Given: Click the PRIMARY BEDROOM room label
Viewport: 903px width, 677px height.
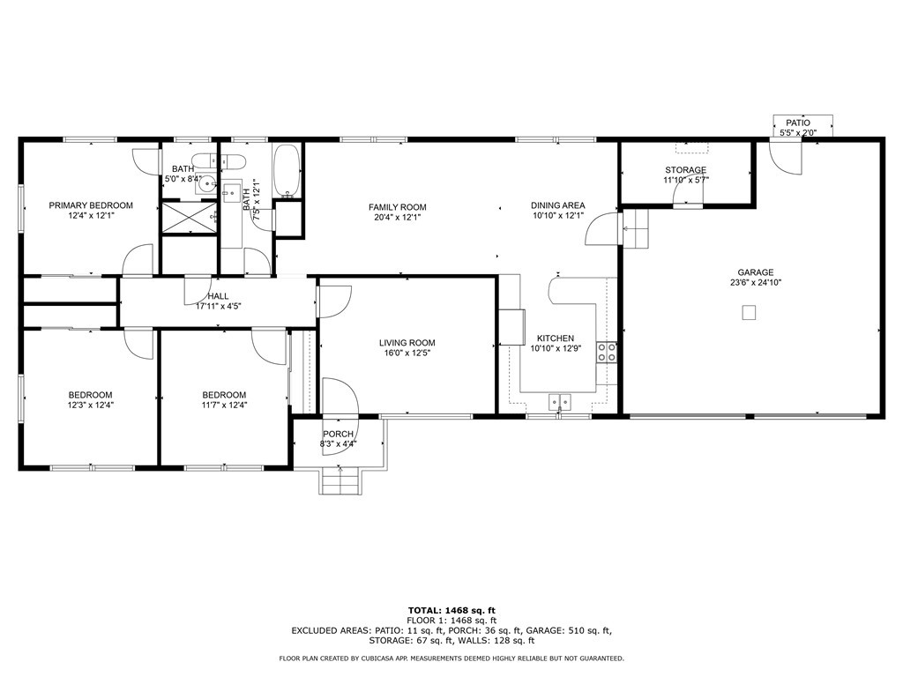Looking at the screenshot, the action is (x=91, y=205).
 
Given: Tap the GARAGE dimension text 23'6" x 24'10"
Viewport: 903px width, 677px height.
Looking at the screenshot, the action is (x=756, y=283).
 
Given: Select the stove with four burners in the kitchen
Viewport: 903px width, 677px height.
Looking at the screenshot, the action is (x=607, y=353).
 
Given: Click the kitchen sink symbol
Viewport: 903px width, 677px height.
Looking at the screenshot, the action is (x=559, y=401).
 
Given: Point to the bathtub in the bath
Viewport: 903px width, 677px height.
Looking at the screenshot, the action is (x=287, y=170).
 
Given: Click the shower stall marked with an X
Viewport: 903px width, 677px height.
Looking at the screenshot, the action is (x=190, y=218).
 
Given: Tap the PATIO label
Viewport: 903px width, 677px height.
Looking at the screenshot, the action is (x=798, y=123).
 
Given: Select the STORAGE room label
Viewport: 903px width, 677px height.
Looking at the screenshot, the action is (x=685, y=170).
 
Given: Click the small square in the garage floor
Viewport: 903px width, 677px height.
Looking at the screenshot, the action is (x=748, y=313).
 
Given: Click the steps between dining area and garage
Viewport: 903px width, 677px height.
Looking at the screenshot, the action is (x=635, y=228).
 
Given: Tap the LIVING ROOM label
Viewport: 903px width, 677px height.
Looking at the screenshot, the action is (x=407, y=343).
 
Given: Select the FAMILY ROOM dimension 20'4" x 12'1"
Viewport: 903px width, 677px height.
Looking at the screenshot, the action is (x=398, y=218).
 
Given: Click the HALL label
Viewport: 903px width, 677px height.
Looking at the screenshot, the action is (x=218, y=296).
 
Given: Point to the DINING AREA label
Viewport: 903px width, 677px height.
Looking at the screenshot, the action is (x=557, y=205).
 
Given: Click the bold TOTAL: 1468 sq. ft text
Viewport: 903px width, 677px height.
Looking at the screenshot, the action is (x=451, y=610).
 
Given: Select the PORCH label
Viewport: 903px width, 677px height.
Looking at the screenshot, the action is (x=338, y=434).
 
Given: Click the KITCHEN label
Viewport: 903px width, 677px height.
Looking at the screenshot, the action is (x=556, y=338).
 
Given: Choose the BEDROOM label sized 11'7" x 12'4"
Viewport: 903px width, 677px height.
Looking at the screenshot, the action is (x=224, y=395).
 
